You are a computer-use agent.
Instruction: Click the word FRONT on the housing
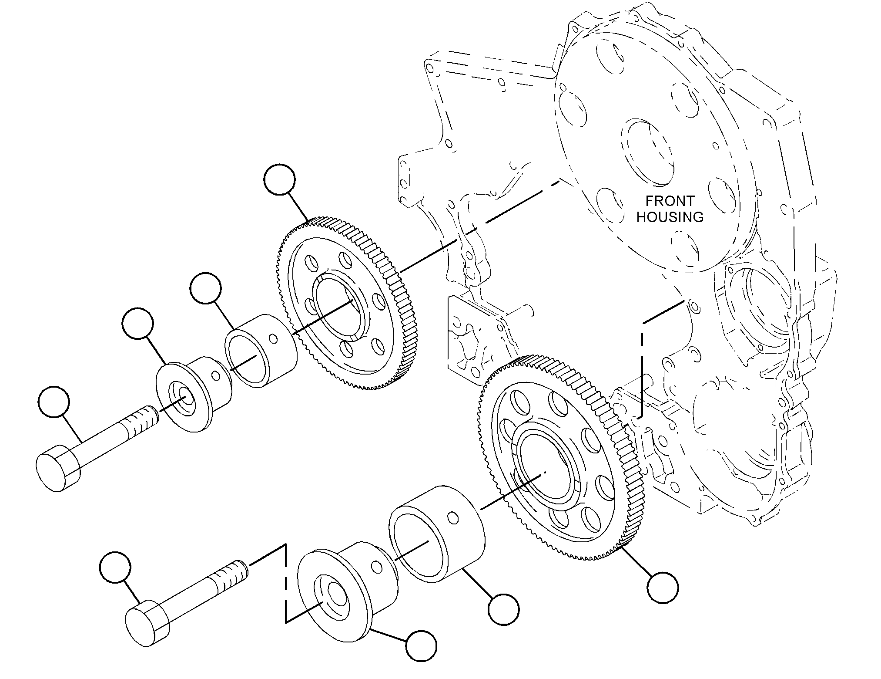670,201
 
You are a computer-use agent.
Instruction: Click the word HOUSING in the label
670,216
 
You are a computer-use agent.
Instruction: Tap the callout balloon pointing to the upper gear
279,179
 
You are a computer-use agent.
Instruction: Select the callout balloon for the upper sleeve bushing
206,288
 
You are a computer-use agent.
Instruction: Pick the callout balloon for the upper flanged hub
138,324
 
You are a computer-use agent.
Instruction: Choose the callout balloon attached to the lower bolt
115,567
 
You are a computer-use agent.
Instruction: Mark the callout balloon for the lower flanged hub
421,646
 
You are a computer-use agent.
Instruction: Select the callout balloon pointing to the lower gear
663,588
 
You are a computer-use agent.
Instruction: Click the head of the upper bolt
57,468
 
